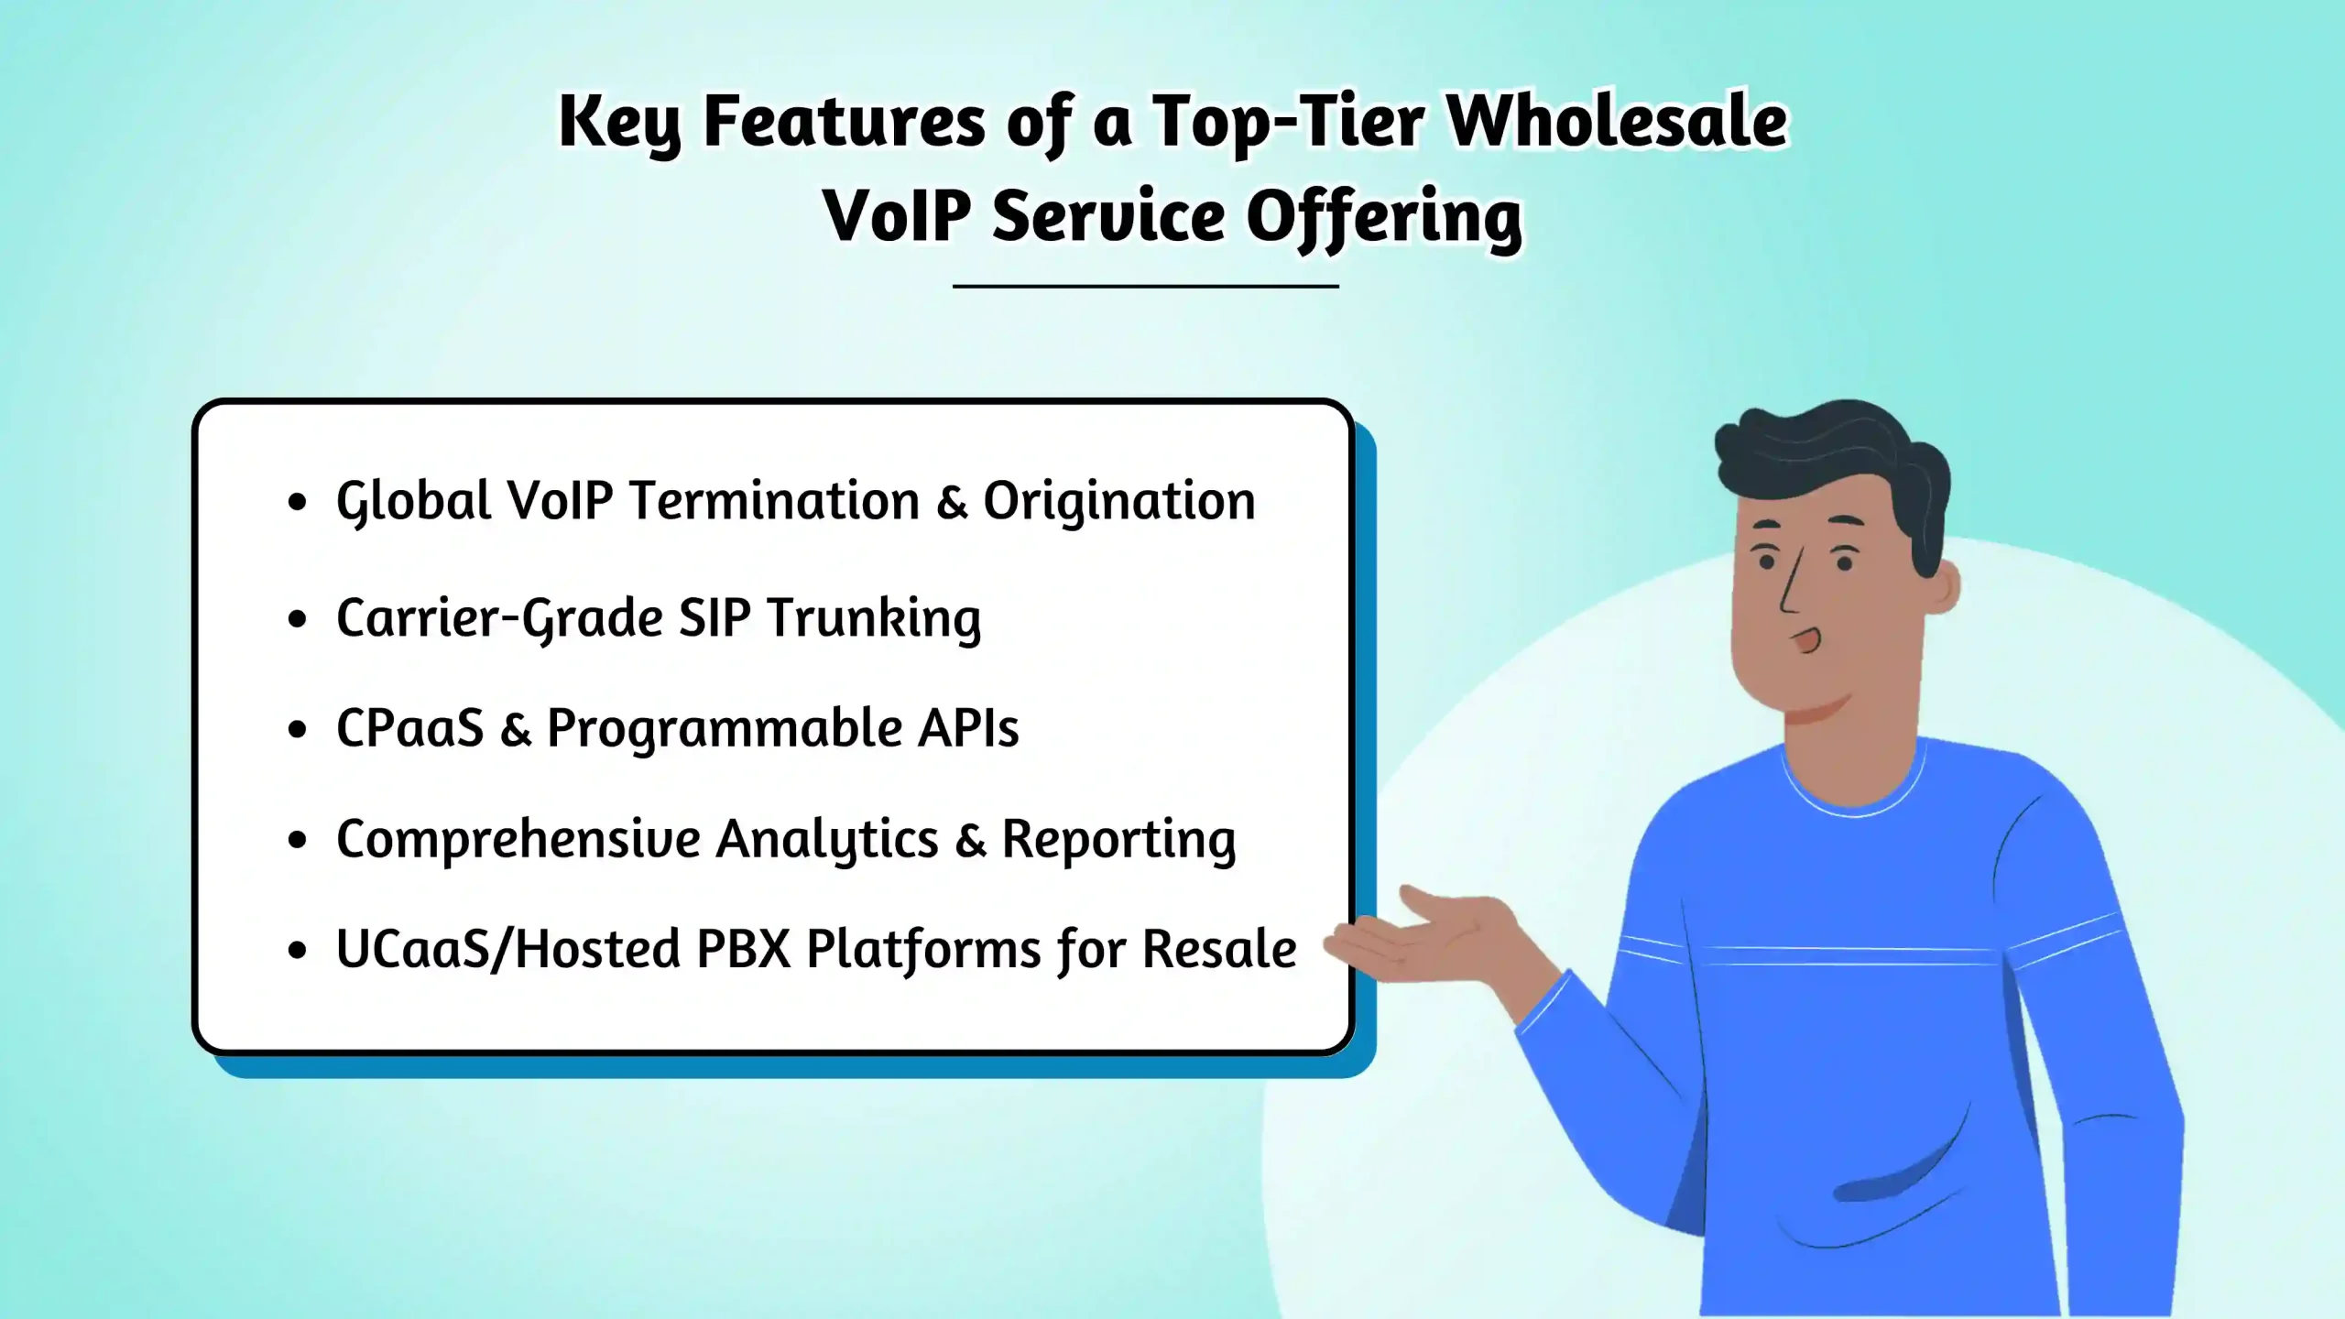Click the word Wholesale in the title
pos(1617,122)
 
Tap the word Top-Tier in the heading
pos(1287,122)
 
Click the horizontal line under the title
pos(1145,287)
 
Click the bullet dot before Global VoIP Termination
pos(296,502)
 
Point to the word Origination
pos(1118,501)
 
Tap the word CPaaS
pos(409,729)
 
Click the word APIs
pos(967,729)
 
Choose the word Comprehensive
pos(518,839)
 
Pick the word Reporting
pos(1118,839)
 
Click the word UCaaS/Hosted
pos(507,949)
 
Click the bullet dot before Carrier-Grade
pos(296,619)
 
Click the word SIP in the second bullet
pos(714,618)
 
